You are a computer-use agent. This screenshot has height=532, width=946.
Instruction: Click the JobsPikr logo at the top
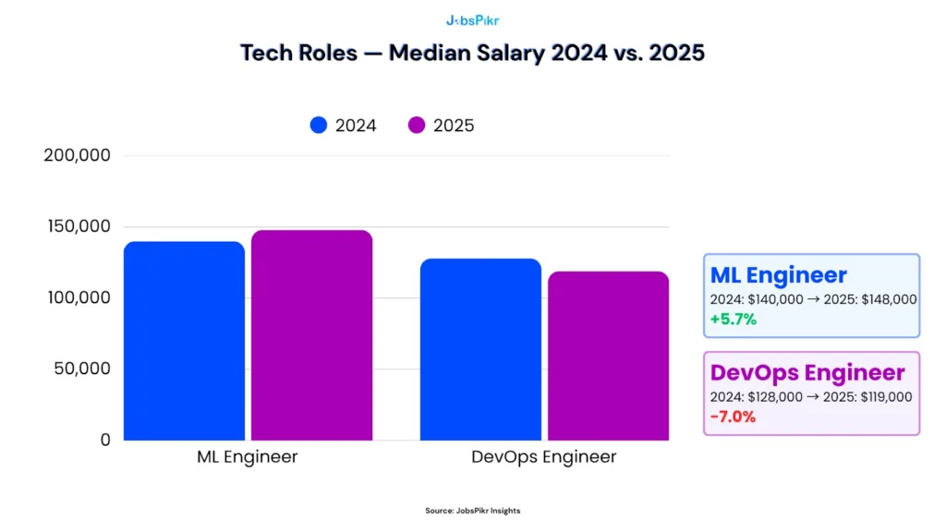(x=472, y=19)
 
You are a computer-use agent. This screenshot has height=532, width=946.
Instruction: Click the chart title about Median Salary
(x=472, y=53)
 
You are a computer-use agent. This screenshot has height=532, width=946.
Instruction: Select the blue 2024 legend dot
(x=320, y=126)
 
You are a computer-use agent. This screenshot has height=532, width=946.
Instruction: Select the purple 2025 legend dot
(x=417, y=126)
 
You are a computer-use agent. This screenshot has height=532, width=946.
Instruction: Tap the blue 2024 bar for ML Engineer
(x=184, y=341)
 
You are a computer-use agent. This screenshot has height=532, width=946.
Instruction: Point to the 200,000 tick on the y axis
(x=78, y=156)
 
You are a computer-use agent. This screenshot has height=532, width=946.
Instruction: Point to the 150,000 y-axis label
(x=78, y=227)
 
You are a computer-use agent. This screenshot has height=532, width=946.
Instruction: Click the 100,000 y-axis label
(x=78, y=298)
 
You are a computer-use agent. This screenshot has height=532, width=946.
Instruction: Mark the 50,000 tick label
(x=81, y=369)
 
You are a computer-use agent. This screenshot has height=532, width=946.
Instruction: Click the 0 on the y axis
(x=104, y=441)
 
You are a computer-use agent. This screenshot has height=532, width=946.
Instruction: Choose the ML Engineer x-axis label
(x=248, y=457)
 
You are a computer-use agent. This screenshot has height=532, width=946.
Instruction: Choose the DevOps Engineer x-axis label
(x=543, y=457)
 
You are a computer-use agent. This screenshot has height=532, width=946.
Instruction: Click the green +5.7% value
(x=734, y=320)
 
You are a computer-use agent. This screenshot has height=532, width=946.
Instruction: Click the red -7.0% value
(x=733, y=417)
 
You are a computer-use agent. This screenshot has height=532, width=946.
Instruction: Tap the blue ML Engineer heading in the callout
(x=778, y=275)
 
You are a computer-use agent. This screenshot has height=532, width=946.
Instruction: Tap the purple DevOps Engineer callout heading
(x=807, y=373)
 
